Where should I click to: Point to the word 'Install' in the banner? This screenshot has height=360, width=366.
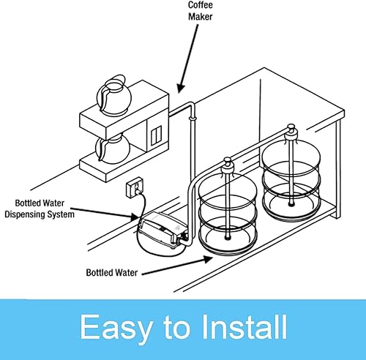click(241, 329)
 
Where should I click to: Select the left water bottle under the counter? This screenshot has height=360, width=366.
click(228, 217)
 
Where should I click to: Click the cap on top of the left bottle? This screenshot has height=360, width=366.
click(227, 168)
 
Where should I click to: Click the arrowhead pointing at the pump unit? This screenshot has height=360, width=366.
click(137, 219)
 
